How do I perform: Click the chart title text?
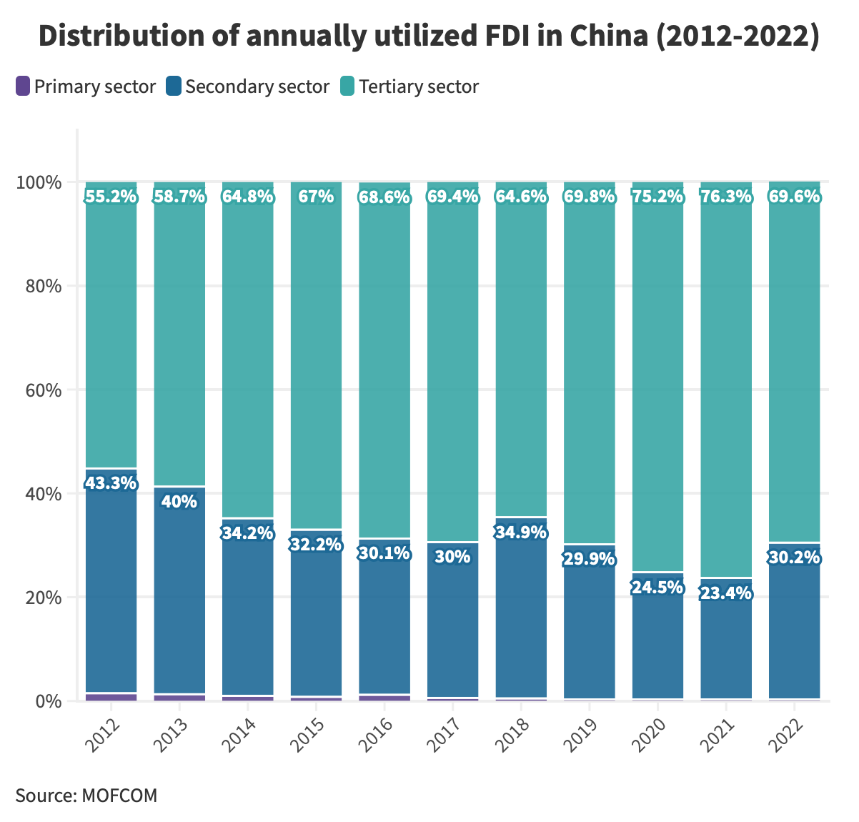(429, 36)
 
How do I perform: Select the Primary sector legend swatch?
(24, 86)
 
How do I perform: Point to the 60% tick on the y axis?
(39, 390)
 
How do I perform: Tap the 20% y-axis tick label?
(39, 598)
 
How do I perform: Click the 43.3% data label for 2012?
(111, 483)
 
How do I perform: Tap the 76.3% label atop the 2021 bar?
(726, 197)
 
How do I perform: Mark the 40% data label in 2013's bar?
(179, 502)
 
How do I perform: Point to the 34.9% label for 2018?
(521, 533)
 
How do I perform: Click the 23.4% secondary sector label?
(726, 593)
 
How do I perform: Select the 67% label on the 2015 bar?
(316, 197)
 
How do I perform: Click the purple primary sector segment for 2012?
(111, 697)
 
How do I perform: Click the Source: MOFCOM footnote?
(86, 795)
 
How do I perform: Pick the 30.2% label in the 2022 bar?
(794, 557)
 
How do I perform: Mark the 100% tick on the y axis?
(39, 182)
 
